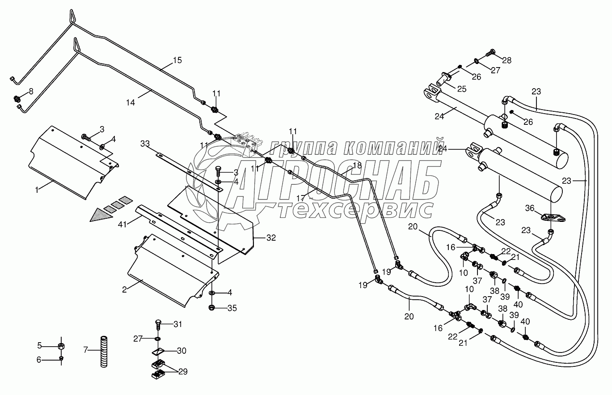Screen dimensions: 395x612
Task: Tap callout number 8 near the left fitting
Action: point(31,92)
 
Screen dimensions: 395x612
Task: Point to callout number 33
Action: point(145,144)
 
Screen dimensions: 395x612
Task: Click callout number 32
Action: point(271,238)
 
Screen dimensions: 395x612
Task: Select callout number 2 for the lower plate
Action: point(125,289)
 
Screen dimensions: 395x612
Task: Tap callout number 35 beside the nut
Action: point(232,308)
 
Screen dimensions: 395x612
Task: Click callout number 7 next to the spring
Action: point(86,348)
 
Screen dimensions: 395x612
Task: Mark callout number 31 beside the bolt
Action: point(178,324)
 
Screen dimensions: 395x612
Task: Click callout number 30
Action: point(182,351)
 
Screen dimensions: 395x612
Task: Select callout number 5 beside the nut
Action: point(39,345)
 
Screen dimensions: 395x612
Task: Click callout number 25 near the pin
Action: point(461,89)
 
